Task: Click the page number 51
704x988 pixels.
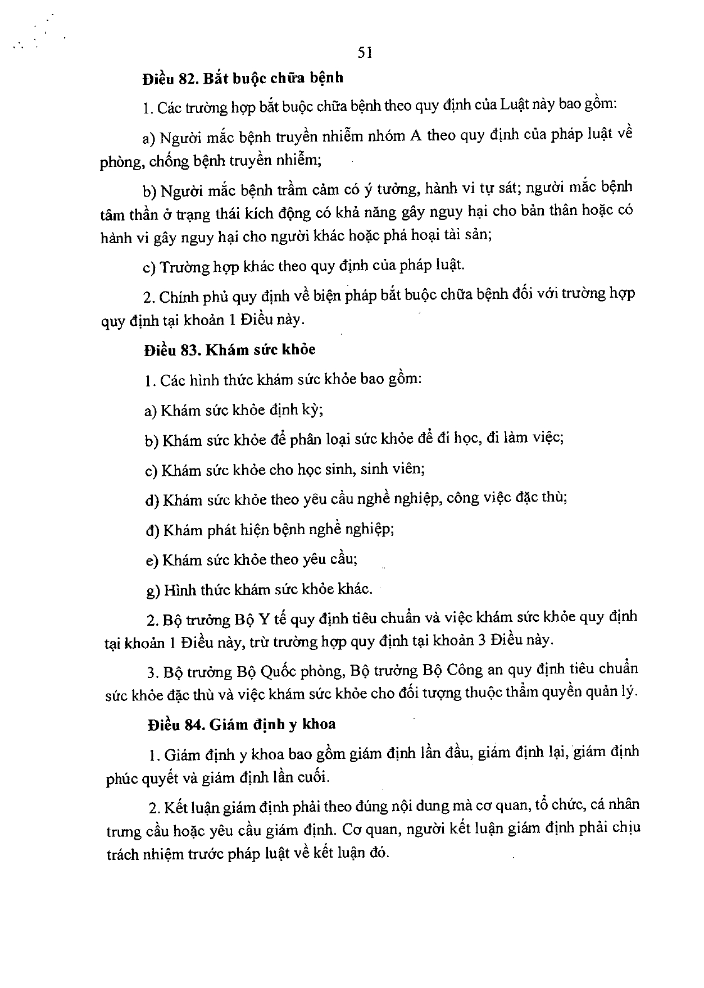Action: pyautogui.click(x=365, y=53)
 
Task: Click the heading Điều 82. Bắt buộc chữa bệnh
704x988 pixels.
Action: pyautogui.click(x=243, y=78)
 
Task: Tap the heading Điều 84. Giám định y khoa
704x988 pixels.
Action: pyautogui.click(x=242, y=725)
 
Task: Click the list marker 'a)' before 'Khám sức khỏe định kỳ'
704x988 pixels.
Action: pyautogui.click(x=150, y=411)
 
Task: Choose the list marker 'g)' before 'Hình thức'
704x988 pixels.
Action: pyautogui.click(x=152, y=590)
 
